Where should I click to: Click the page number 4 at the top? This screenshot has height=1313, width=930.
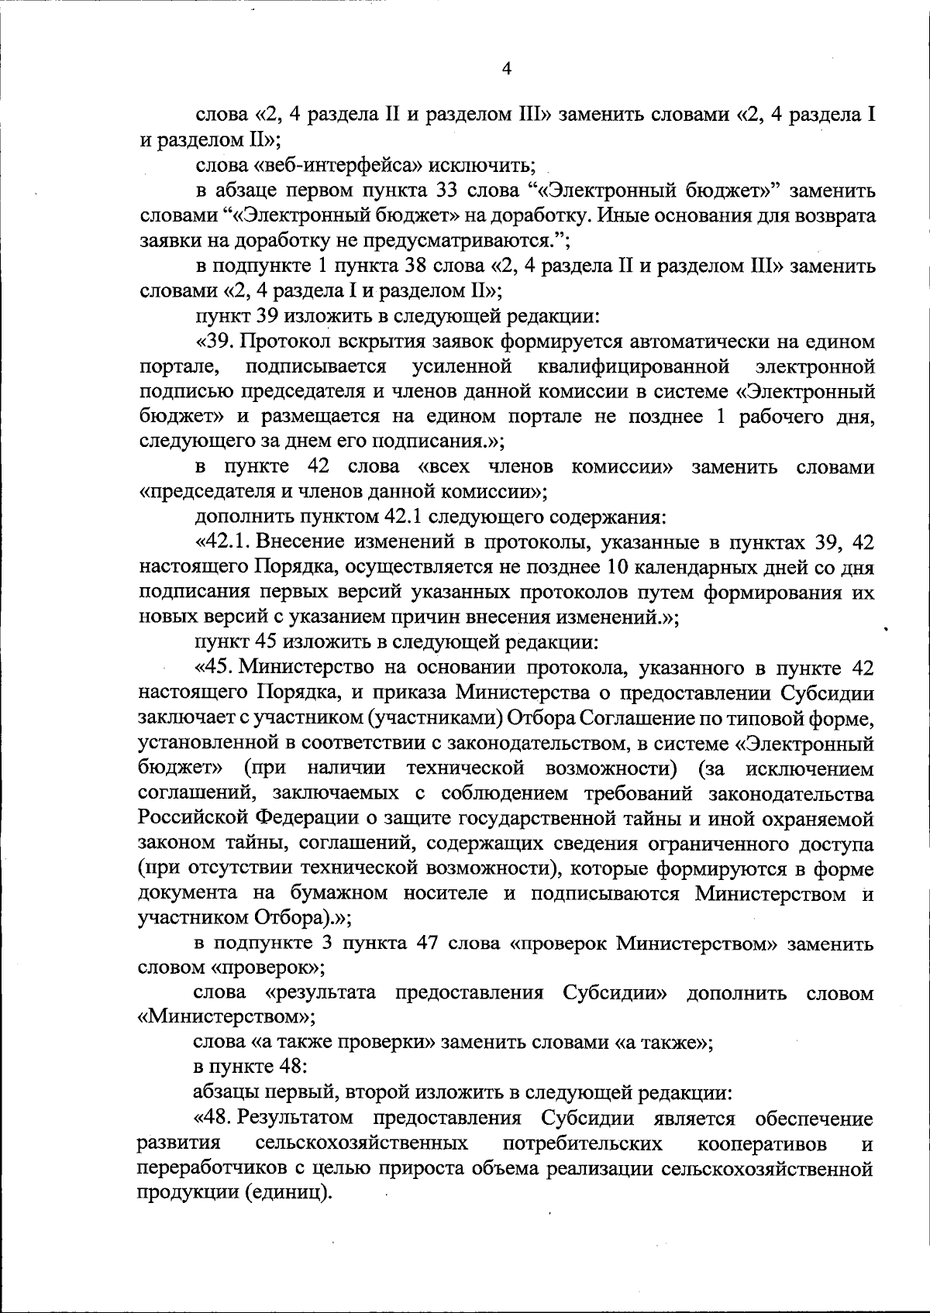(x=507, y=69)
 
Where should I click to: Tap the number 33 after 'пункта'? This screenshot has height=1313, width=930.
(x=432, y=191)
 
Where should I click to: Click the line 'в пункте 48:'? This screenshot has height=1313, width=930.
(x=250, y=1066)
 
